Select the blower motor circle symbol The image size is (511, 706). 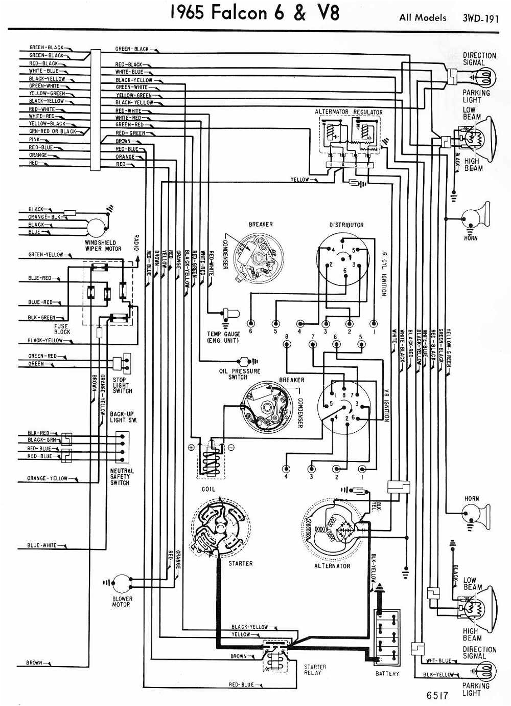pyautogui.click(x=122, y=583)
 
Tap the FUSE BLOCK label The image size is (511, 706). pyautogui.click(x=62, y=329)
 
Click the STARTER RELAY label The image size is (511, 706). pyautogui.click(x=315, y=670)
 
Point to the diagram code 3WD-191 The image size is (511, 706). pyautogui.click(x=480, y=18)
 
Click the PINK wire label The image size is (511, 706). pyautogui.click(x=35, y=139)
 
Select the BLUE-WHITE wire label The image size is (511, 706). pyautogui.click(x=42, y=545)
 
